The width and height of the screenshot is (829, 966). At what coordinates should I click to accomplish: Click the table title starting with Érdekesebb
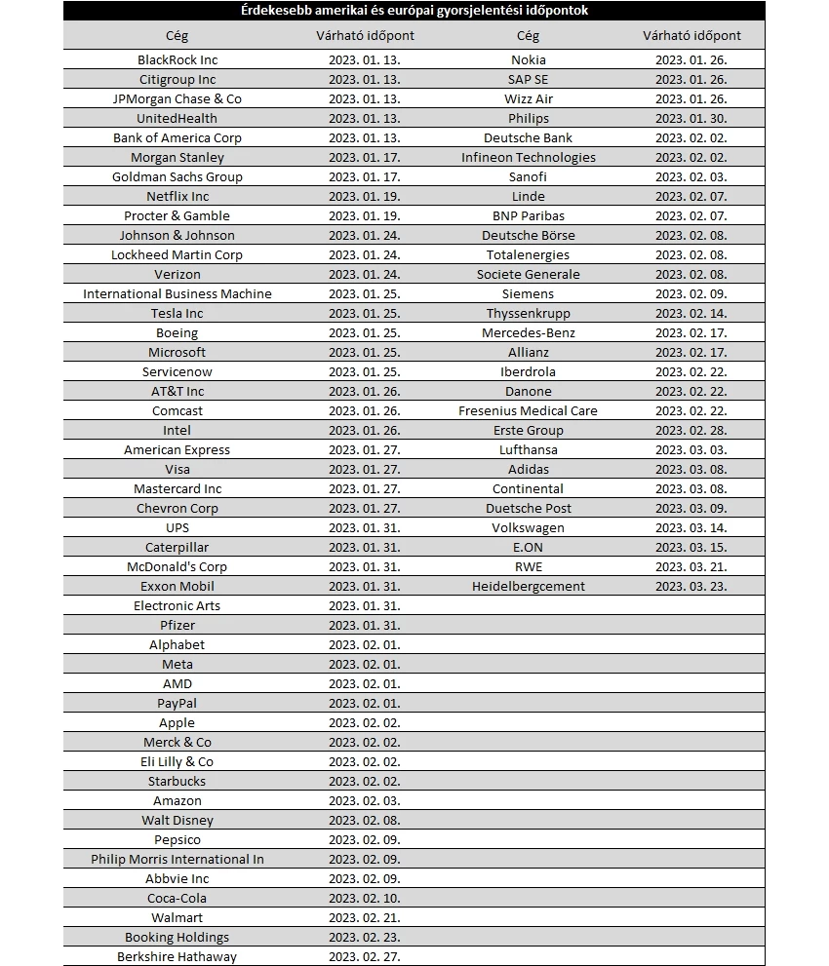[x=414, y=11]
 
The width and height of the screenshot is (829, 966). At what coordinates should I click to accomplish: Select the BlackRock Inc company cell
[x=178, y=59]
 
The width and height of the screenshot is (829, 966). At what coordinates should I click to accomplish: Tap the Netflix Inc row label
[x=178, y=196]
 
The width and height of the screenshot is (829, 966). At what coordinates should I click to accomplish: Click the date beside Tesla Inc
[x=365, y=313]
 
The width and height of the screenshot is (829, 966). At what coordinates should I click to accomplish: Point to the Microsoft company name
[x=178, y=352]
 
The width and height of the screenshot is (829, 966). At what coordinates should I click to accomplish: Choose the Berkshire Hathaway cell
[x=178, y=956]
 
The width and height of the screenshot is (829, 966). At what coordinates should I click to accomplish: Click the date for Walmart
[x=365, y=917]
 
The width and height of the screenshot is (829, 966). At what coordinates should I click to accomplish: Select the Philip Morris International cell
[x=178, y=859]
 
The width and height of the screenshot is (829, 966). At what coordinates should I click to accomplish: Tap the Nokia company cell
[x=529, y=59]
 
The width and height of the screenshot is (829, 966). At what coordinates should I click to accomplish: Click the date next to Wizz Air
[x=691, y=98]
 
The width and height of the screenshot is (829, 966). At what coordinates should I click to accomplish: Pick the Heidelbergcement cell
[x=529, y=586]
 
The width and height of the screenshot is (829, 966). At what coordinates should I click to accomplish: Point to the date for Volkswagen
[x=691, y=527]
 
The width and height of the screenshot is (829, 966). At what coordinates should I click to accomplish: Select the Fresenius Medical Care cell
[x=529, y=410]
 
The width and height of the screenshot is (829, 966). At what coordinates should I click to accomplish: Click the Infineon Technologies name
[x=529, y=157]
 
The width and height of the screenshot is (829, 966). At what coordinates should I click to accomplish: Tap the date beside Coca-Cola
[x=365, y=898]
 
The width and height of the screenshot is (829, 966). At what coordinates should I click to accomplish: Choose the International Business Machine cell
[x=178, y=293]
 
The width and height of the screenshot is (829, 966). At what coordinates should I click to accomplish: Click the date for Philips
[x=691, y=118]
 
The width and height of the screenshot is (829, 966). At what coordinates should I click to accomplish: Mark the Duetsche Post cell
[x=529, y=508]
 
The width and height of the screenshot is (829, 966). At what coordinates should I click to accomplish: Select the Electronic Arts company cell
[x=178, y=605]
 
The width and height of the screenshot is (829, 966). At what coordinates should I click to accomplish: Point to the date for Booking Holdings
[x=365, y=937]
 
